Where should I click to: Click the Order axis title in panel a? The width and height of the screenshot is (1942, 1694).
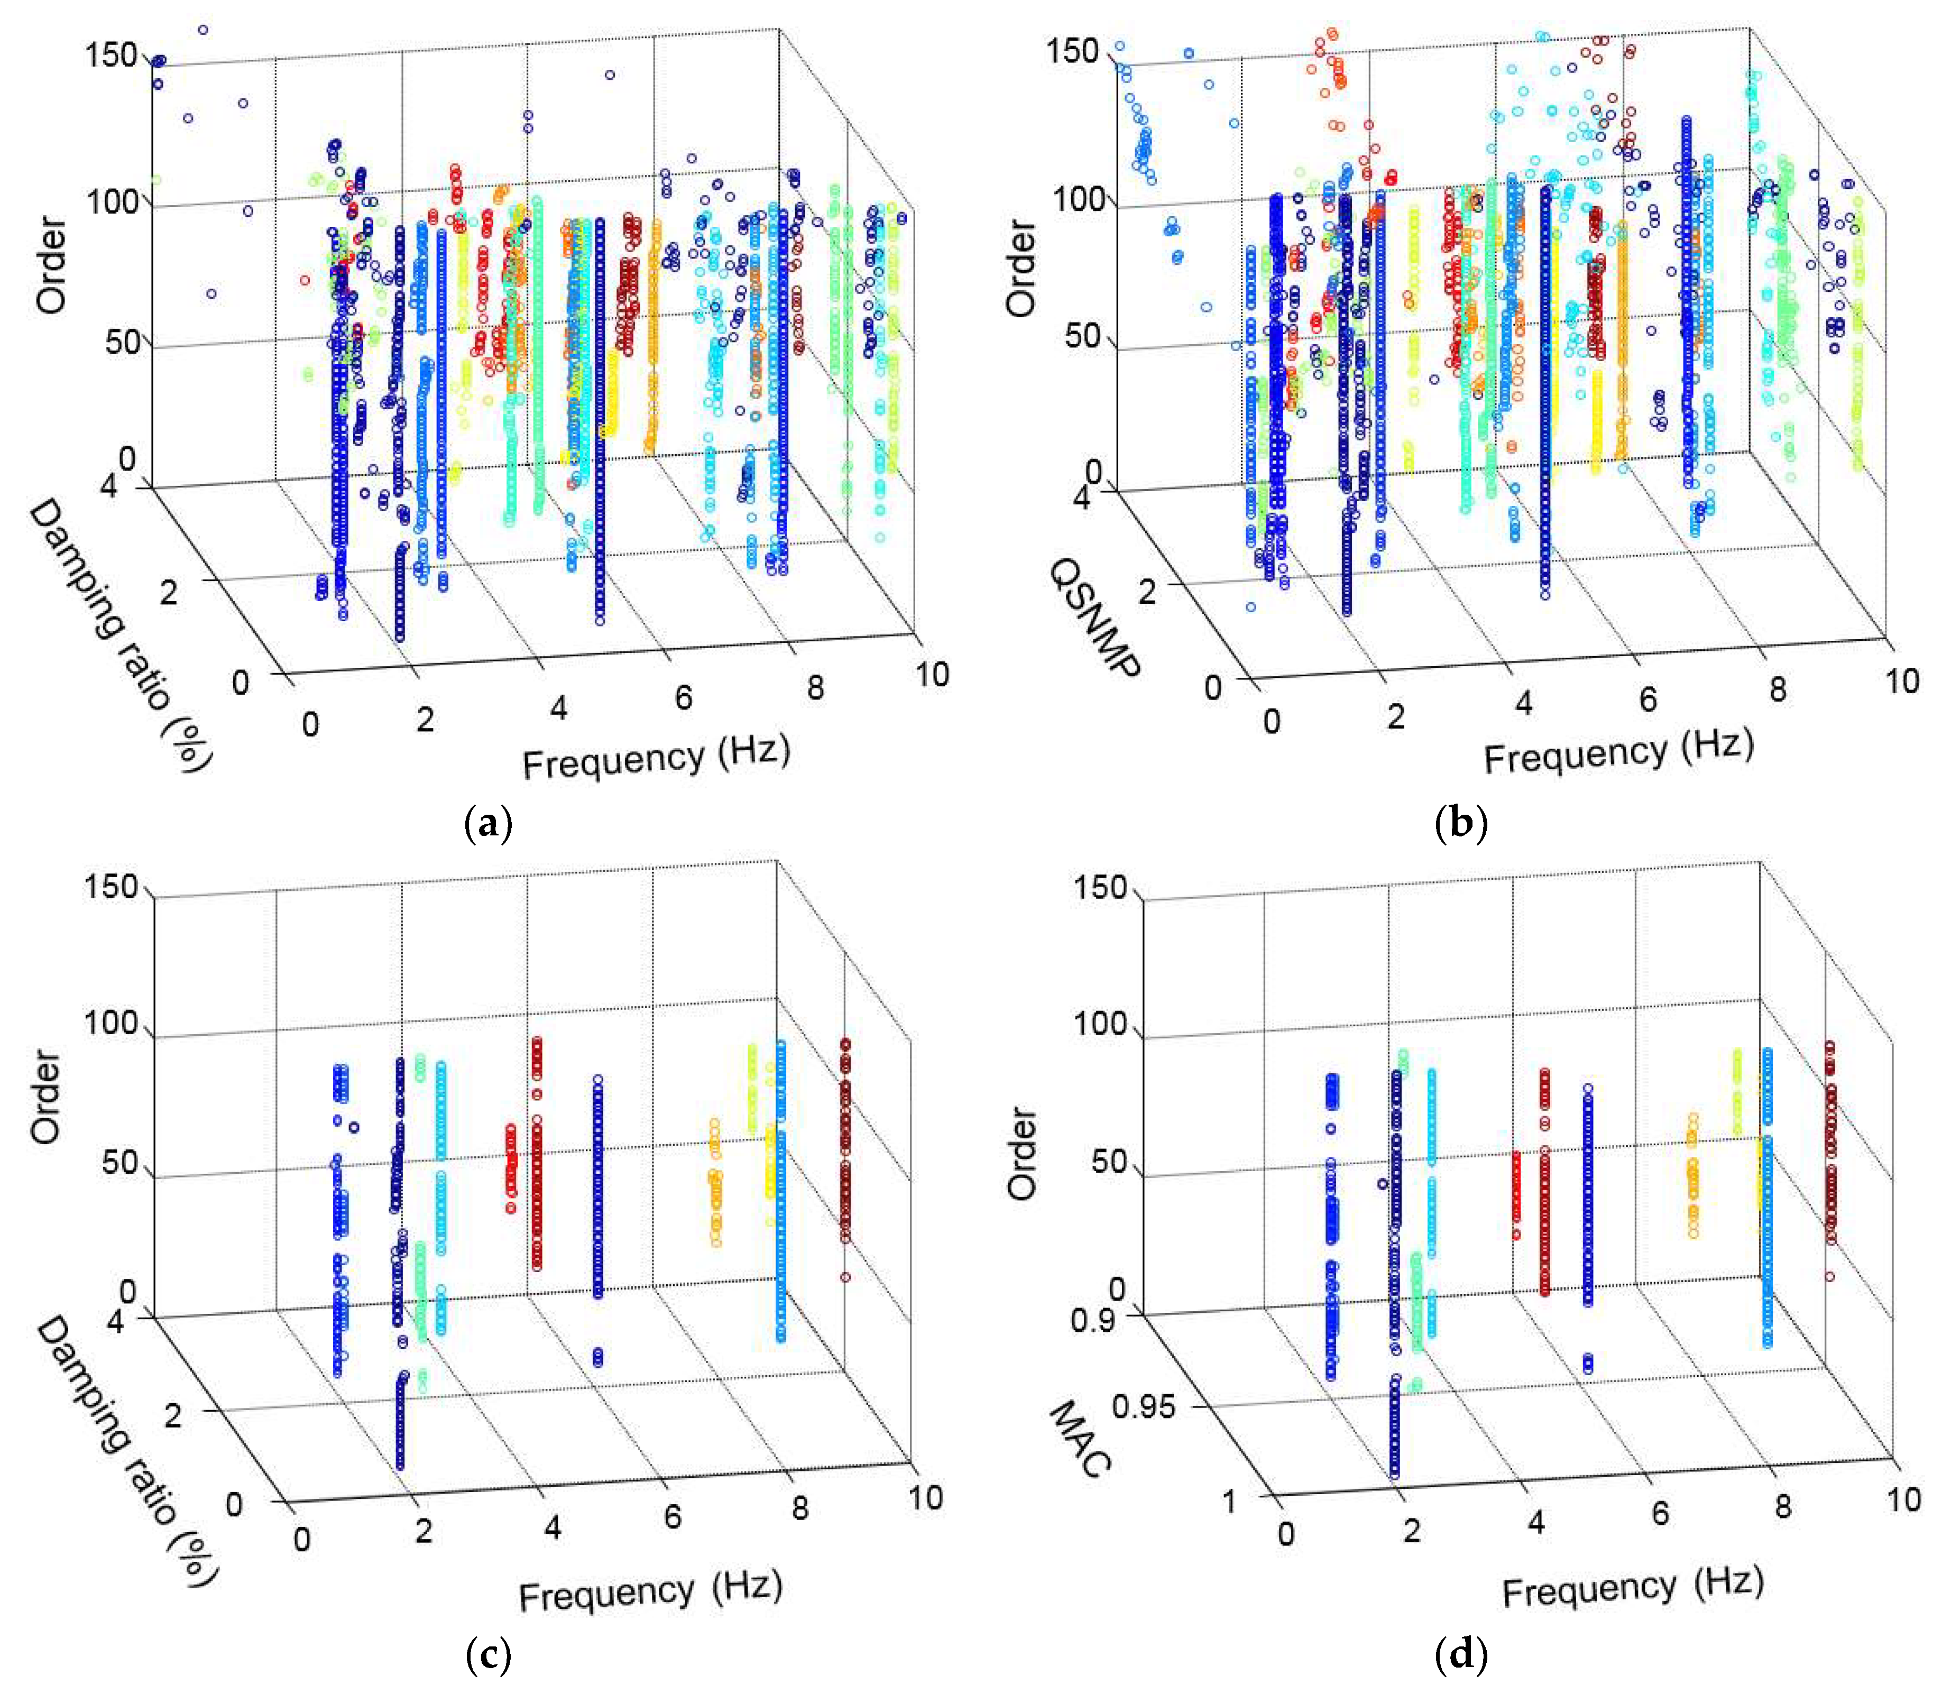[x=51, y=265]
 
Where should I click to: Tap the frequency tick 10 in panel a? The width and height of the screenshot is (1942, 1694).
[x=931, y=674]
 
